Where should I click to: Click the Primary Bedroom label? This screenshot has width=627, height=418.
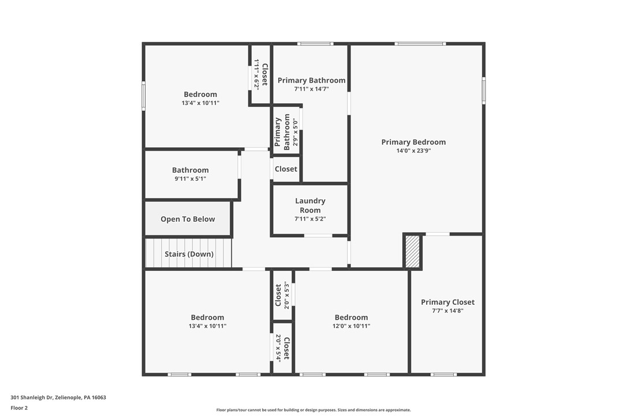pos(413,142)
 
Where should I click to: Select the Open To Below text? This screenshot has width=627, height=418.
pos(188,219)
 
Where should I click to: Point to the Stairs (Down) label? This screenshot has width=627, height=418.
pos(189,254)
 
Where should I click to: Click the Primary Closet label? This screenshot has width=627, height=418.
pos(447,302)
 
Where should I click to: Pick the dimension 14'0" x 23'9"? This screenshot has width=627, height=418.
pos(413,151)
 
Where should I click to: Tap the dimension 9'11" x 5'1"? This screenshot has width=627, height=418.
pos(190,179)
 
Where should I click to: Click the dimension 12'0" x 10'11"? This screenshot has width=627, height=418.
pos(351,326)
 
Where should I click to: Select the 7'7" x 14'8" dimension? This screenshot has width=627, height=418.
pos(447,311)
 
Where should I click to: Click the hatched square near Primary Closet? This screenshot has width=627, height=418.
pos(412,252)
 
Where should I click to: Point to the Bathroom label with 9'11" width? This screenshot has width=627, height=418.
pos(190,170)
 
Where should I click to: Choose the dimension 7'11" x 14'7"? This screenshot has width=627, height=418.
pos(311,89)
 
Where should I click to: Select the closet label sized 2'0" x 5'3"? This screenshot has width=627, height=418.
pos(278,295)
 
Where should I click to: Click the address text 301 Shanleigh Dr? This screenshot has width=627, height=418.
pos(58,397)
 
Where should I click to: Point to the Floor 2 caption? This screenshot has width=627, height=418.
pos(19,408)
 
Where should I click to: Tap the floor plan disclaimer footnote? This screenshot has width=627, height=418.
pos(313,410)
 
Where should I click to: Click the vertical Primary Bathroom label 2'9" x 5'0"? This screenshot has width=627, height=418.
pos(282,132)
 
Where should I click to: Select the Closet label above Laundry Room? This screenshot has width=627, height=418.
pos(286,169)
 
